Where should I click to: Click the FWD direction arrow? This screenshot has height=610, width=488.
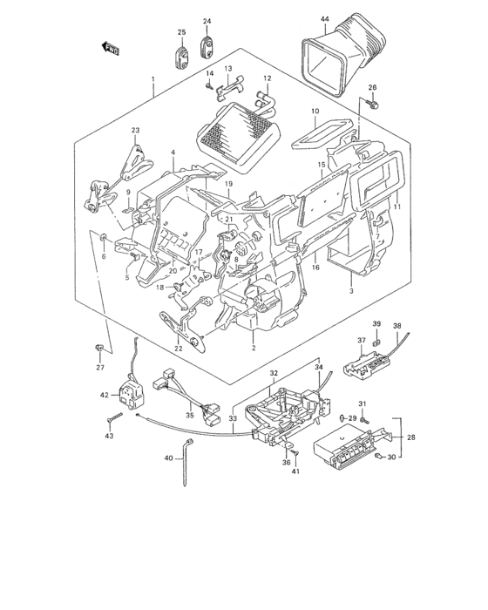coord(110,49)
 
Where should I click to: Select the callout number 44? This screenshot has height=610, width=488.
coord(325,19)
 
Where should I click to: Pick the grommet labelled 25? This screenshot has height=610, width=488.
coord(182,57)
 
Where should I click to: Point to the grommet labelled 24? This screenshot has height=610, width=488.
coord(207,47)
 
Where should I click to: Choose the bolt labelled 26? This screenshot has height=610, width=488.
coord(373,104)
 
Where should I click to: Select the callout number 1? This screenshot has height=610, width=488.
coord(153,79)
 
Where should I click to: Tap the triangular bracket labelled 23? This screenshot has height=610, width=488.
coord(134,164)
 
